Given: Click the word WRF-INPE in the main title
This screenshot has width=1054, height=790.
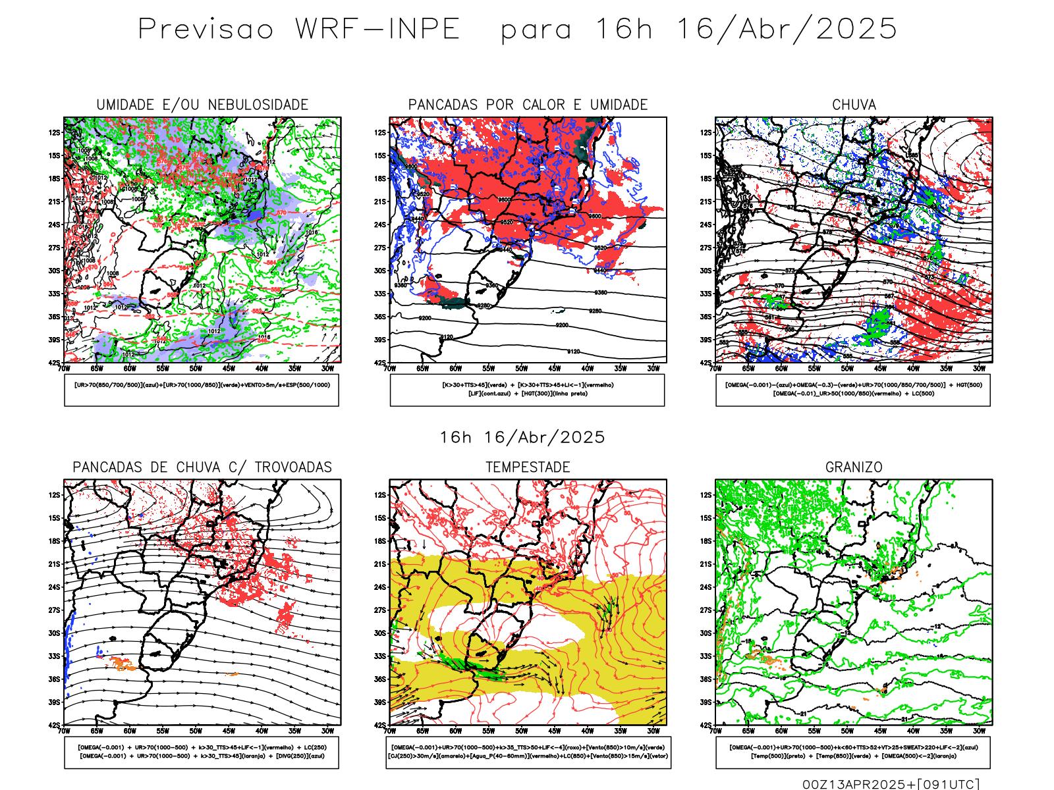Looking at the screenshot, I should point(377,30).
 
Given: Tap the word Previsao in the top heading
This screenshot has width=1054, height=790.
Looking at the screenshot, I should point(206,30).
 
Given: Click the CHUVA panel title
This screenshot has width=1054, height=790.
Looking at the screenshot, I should point(854,105).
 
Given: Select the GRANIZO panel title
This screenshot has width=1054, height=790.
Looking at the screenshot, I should point(854,467).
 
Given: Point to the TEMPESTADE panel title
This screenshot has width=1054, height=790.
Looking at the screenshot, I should point(528,467).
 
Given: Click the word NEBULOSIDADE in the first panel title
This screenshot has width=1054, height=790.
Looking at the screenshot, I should point(258,105).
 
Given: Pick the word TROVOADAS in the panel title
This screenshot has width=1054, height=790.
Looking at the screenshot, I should point(293,467).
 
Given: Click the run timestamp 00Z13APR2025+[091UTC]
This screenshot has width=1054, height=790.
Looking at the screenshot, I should point(891,783).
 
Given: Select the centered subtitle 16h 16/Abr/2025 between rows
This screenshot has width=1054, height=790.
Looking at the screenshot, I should point(522,437).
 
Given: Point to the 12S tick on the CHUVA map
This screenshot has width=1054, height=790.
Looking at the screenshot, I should point(706,132).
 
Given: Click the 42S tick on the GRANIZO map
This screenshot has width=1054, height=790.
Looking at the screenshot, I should point(706,725).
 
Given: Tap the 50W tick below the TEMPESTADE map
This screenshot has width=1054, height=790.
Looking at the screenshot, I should point(522,731).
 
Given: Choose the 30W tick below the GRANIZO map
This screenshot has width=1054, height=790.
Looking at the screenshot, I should point(980,731).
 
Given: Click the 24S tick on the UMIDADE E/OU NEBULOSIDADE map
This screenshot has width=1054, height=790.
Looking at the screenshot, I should point(54,224).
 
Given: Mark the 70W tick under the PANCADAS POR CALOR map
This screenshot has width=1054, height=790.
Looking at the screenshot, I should point(390,369).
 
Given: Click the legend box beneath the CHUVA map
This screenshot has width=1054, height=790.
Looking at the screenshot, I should point(853,390).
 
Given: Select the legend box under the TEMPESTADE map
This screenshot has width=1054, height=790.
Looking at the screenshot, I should point(528,752).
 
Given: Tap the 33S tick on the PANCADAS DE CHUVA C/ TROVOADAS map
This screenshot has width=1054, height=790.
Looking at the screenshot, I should point(54,656).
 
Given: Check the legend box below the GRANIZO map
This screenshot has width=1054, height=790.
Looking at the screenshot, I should point(853,752).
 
